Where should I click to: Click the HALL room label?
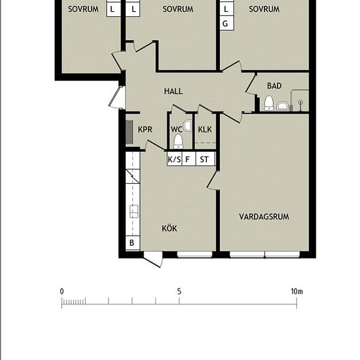pyautogui.click(x=173, y=91)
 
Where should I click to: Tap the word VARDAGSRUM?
pyautogui.click(x=264, y=217)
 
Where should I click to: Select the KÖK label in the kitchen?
pyautogui.click(x=170, y=228)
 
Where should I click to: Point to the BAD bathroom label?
pyautogui.click(x=274, y=86)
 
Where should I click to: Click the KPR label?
pyautogui.click(x=145, y=130)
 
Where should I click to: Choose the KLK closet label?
pyautogui.click(x=205, y=130)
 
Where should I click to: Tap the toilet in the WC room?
pyautogui.click(x=178, y=141)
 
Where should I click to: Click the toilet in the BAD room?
pyautogui.click(x=268, y=103)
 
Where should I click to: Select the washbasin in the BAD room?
pyautogui.click(x=283, y=106)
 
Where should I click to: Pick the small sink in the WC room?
pyautogui.click(x=189, y=126)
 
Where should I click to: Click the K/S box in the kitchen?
pyautogui.click(x=174, y=159)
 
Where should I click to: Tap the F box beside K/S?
pyautogui.click(x=189, y=159)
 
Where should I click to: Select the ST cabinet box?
pyautogui.click(x=206, y=159)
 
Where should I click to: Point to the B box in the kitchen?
pyautogui.click(x=132, y=243)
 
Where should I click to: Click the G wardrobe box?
pyautogui.click(x=226, y=23)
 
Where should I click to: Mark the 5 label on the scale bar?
pyautogui.click(x=179, y=291)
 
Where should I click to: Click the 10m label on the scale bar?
pyautogui.click(x=297, y=291)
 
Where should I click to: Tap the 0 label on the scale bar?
pyautogui.click(x=62, y=291)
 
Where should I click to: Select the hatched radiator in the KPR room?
pyautogui.click(x=129, y=132)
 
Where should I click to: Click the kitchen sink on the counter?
pyautogui.click(x=134, y=211)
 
